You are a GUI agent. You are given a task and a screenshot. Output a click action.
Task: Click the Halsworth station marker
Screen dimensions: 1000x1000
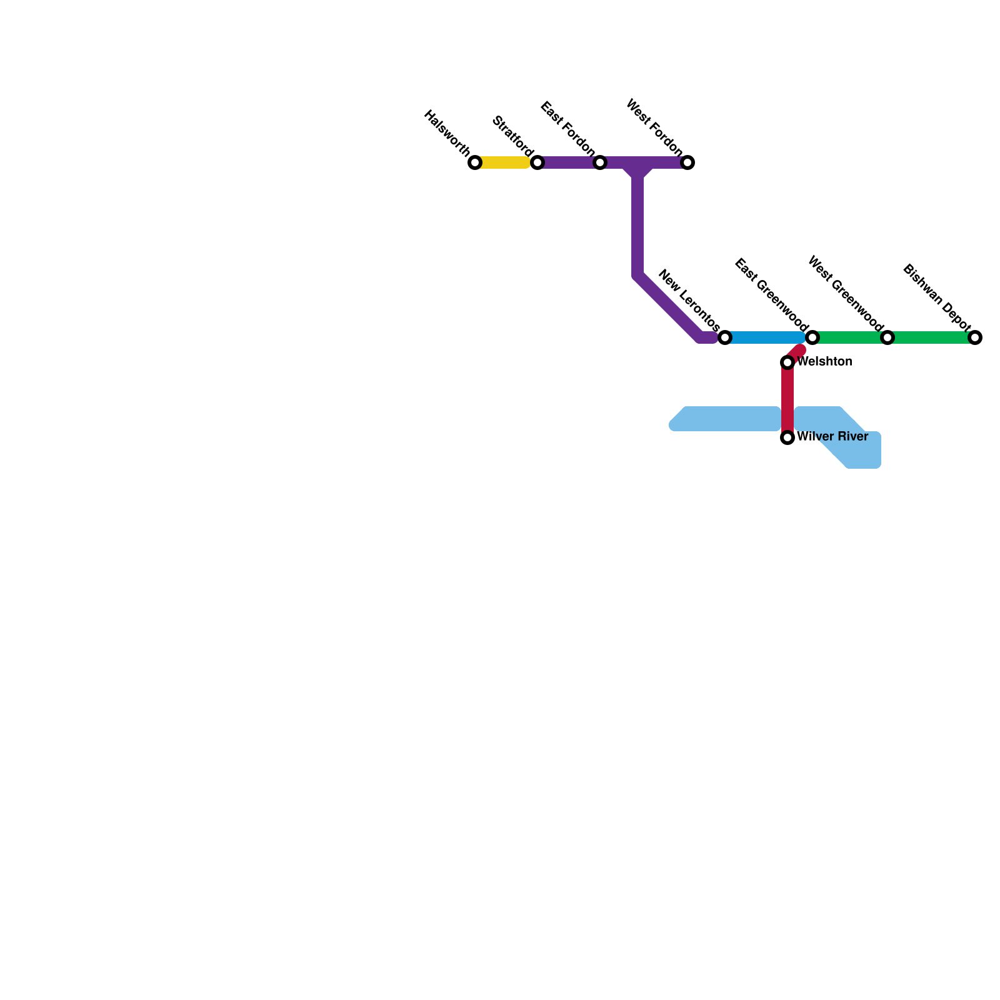(x=475, y=162)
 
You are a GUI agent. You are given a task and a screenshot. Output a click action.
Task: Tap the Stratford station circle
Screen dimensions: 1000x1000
(x=537, y=162)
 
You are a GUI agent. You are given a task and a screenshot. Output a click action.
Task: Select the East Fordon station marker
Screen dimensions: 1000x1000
(x=600, y=162)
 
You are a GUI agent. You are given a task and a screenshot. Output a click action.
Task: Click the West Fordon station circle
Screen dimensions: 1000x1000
(x=687, y=162)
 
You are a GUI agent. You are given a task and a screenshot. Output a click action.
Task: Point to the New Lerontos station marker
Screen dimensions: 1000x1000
(x=725, y=337)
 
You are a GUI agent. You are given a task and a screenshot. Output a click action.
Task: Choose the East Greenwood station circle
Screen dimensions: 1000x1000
(x=812, y=337)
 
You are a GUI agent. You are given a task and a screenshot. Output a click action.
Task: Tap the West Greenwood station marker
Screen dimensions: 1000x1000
(x=887, y=337)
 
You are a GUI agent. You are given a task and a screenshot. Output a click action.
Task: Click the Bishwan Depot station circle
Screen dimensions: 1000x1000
(x=975, y=337)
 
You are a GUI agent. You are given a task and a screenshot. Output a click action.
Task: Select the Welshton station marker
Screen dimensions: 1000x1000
(x=787, y=362)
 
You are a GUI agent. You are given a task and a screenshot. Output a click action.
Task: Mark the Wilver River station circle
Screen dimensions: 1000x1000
(x=787, y=437)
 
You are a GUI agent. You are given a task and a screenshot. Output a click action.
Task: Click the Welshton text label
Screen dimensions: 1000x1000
(x=825, y=362)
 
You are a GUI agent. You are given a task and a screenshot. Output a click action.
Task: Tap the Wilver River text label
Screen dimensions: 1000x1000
(x=832, y=436)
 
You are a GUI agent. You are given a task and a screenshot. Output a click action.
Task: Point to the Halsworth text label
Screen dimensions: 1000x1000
(x=447, y=133)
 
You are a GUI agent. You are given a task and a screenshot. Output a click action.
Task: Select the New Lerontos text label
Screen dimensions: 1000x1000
(x=689, y=301)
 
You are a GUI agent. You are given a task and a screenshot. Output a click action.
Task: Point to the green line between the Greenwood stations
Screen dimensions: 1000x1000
(x=850, y=337)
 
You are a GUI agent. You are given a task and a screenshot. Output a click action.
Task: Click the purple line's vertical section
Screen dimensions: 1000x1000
(x=637, y=225)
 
